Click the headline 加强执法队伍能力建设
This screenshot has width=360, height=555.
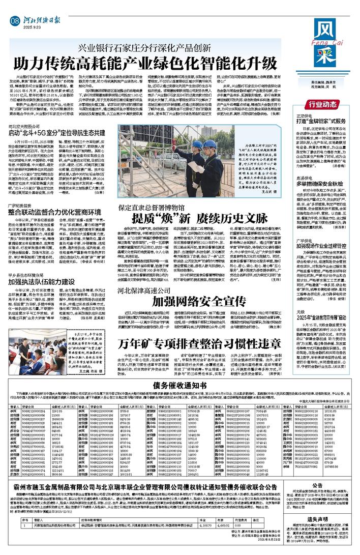[46, 280]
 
